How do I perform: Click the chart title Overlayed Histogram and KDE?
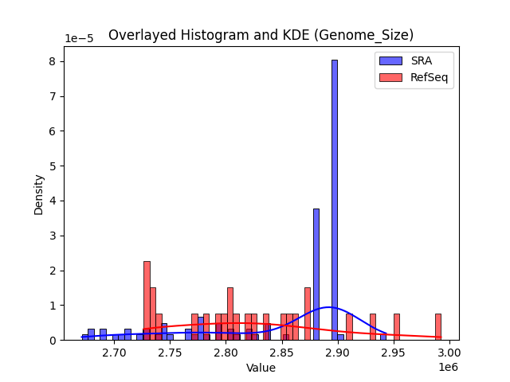[261, 35]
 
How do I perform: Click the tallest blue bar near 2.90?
[335, 199]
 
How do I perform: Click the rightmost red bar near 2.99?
[438, 327]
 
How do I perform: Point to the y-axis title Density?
[39, 194]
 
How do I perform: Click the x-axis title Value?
[261, 368]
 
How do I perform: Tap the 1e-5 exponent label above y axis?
[79, 38]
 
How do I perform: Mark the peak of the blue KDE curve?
[328, 307]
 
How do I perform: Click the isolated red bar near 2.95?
[397, 327]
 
